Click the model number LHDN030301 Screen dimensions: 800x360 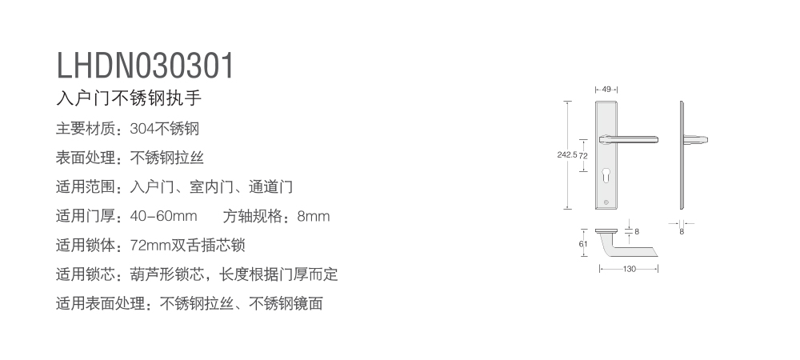145,66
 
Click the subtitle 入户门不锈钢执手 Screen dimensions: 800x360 129,98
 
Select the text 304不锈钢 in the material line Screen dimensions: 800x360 164,129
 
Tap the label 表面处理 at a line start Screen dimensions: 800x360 86,158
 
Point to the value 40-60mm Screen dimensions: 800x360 163,216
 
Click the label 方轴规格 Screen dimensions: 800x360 253,216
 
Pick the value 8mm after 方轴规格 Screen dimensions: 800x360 314,216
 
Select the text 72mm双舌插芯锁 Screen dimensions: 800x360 188,246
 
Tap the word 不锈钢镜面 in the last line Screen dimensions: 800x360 286,303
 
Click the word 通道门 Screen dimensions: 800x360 270,186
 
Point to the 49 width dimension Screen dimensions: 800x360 606,90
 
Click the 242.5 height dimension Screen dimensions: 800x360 567,154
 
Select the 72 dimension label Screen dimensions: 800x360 583,156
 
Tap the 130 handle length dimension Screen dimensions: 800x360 629,269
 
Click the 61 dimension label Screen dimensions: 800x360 583,244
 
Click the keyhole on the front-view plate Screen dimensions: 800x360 606,175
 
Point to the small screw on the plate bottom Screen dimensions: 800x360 606,202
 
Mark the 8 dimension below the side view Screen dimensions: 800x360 682,231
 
